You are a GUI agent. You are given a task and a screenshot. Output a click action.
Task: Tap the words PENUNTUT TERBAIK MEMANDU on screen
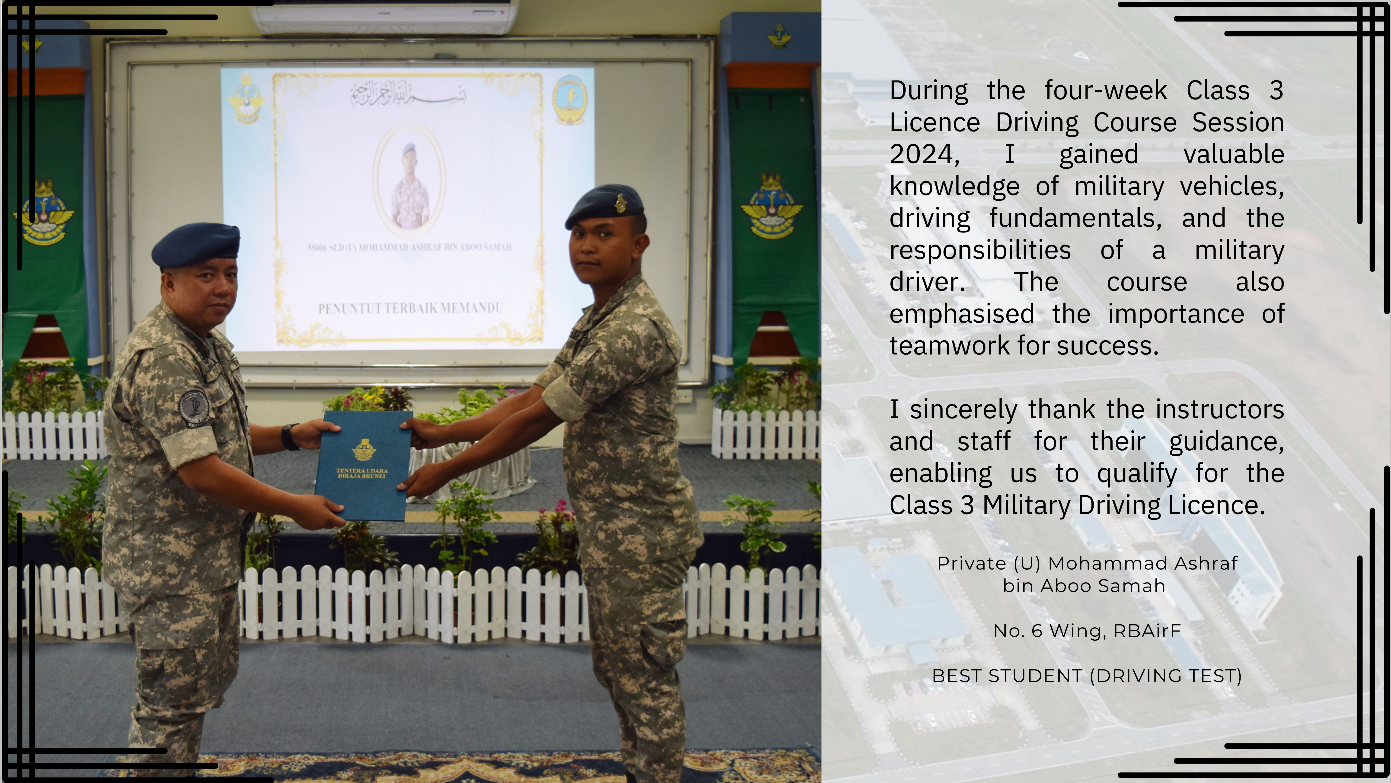[410, 309]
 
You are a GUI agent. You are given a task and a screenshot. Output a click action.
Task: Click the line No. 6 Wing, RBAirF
[1087, 631]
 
